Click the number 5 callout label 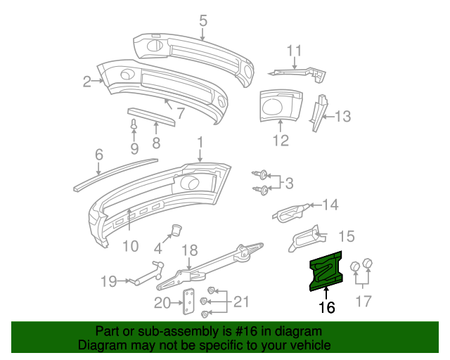pos(202,20)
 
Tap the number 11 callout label pos(294,51)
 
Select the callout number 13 pos(342,117)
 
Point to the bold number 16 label pos(326,307)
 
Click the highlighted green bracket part pos(326,271)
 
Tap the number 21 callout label pos(241,302)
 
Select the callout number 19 pos(108,282)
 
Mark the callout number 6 pos(98,153)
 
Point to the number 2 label pos(87,82)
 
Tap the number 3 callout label pos(288,184)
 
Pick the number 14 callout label pos(330,205)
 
